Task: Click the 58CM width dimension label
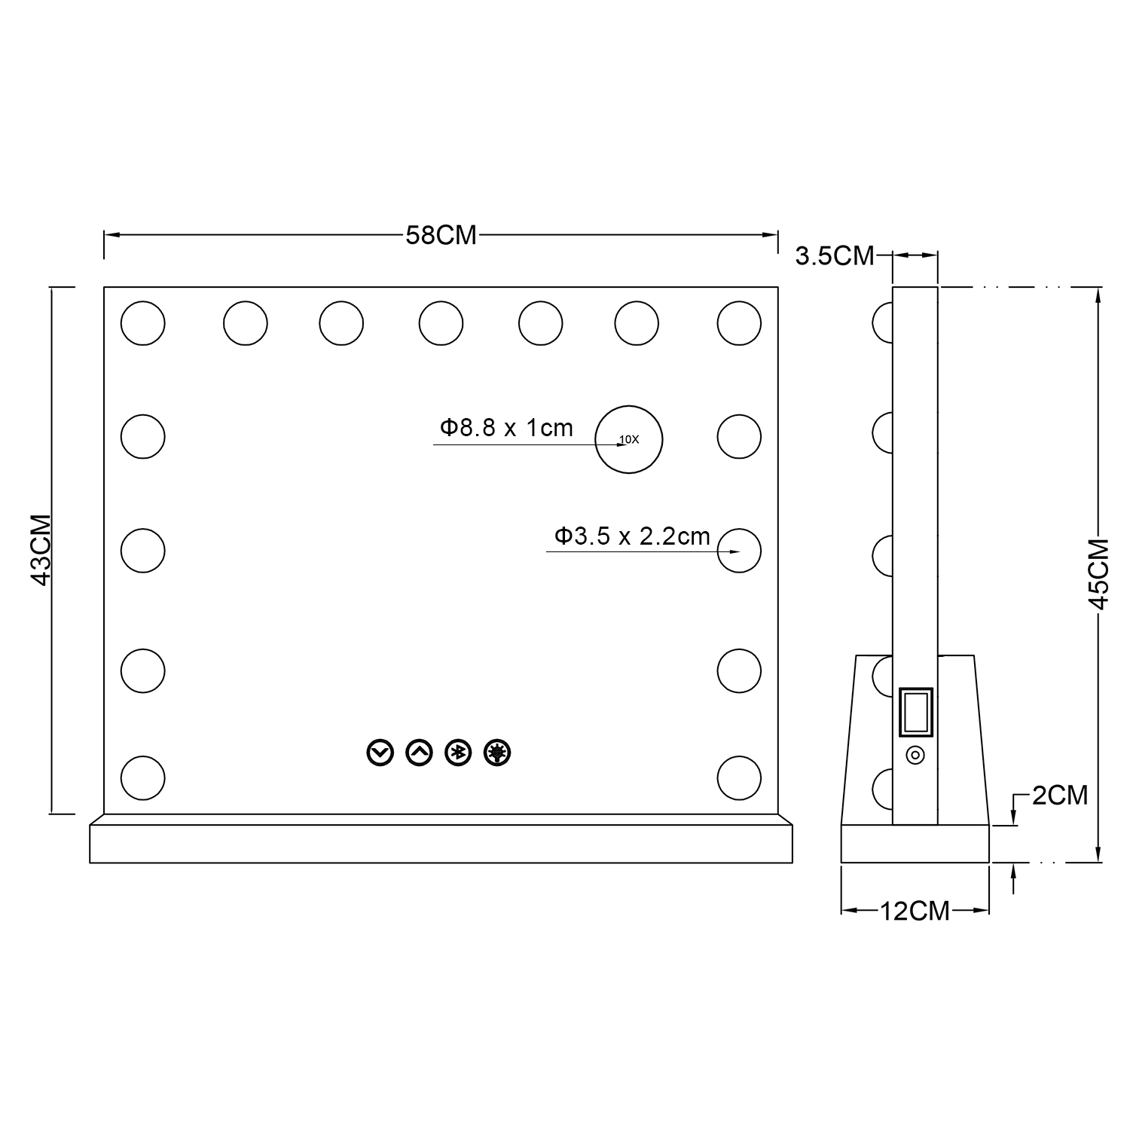tap(441, 235)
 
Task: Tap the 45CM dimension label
tap(1099, 573)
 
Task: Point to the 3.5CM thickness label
tap(835, 255)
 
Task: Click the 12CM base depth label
tap(915, 911)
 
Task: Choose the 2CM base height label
tap(1060, 795)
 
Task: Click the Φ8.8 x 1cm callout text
tap(506, 428)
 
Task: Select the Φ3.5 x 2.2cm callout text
tap(632, 536)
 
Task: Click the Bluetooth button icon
tap(458, 753)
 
